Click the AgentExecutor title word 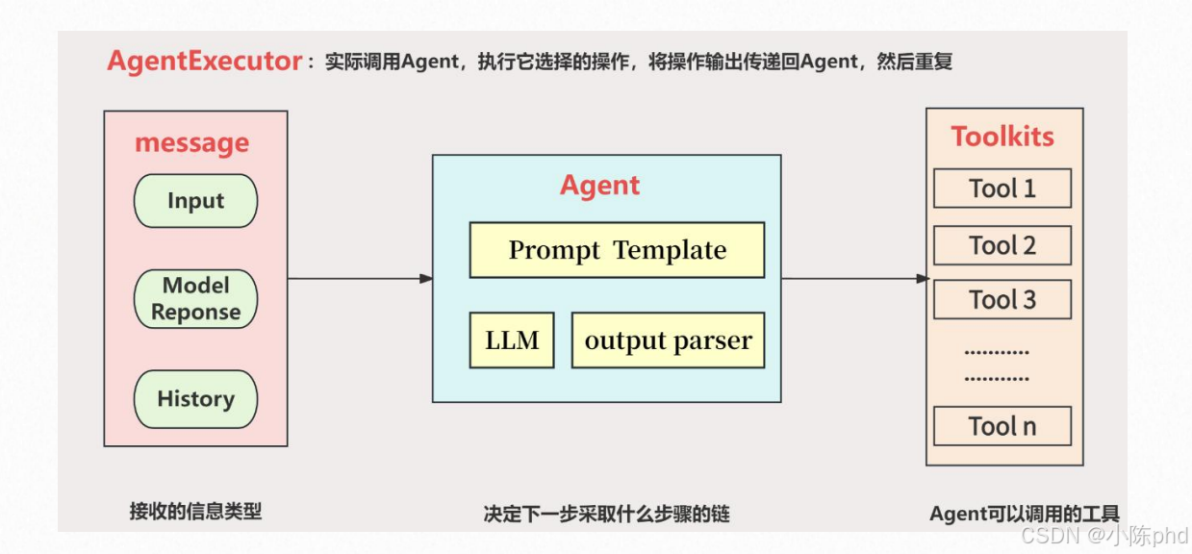click(204, 62)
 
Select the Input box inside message click(195, 200)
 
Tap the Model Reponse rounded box click(195, 299)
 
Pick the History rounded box click(195, 399)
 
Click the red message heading click(191, 143)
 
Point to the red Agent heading click(599, 186)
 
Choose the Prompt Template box click(617, 250)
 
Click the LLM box click(512, 340)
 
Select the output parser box click(668, 340)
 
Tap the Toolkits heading click(1002, 137)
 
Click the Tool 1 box click(1002, 189)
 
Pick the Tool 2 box click(1002, 245)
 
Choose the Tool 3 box click(1002, 300)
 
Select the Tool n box click(1002, 426)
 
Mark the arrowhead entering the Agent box click(425, 279)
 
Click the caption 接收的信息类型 click(195, 511)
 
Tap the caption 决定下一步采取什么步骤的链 click(606, 515)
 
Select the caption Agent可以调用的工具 click(1024, 515)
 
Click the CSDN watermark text click(1103, 536)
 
